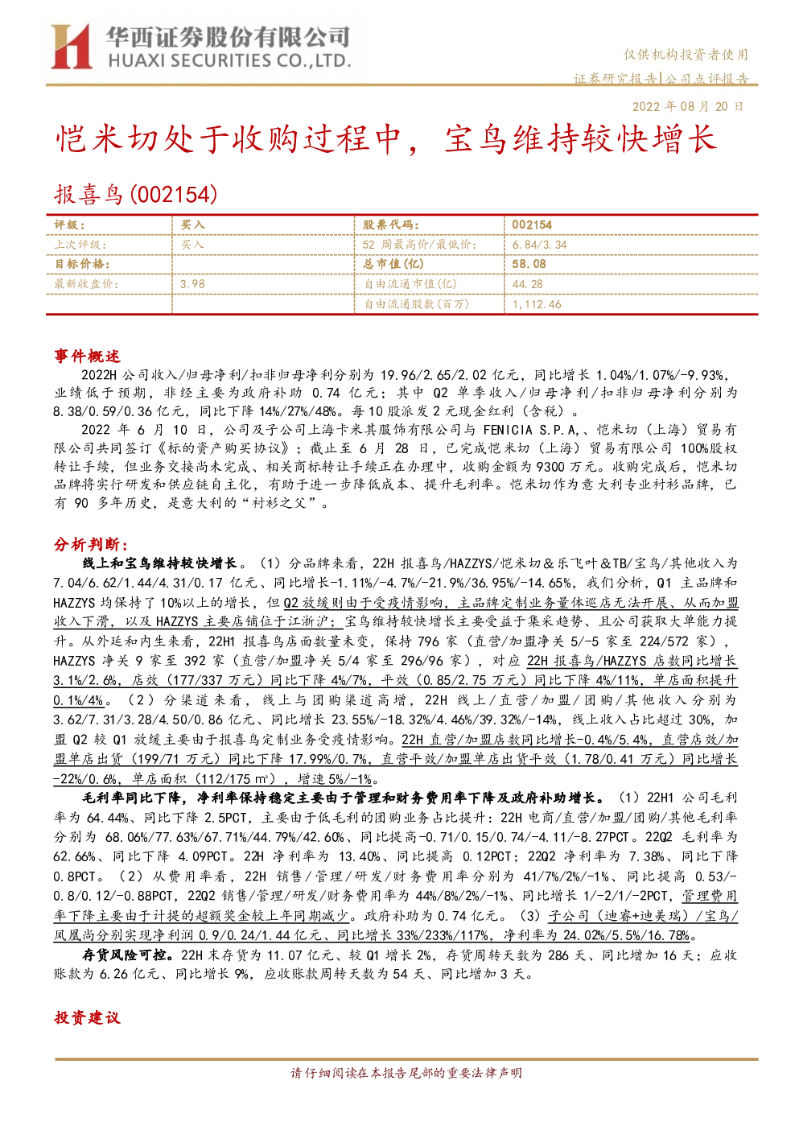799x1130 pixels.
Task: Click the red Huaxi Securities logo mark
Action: tap(71, 46)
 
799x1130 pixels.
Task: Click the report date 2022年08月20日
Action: tap(687, 106)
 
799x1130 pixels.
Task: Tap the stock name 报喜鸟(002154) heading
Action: tap(136, 194)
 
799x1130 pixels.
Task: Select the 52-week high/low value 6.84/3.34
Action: tap(539, 245)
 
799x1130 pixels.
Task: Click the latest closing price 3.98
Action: tap(192, 284)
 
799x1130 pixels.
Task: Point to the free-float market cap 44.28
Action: tap(528, 284)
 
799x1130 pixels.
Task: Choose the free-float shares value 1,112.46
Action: tap(537, 304)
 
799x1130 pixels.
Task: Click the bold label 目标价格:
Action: tap(82, 264)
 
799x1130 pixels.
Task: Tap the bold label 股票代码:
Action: tap(390, 225)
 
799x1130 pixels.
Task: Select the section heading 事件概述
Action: tap(87, 357)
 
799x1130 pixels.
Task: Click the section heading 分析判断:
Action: tap(91, 544)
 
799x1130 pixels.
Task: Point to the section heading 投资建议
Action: tap(87, 1017)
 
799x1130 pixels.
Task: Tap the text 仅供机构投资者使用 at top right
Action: tap(686, 55)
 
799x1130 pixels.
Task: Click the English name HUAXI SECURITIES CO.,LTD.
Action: tap(230, 61)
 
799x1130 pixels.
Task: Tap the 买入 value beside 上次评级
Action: tap(192, 245)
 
